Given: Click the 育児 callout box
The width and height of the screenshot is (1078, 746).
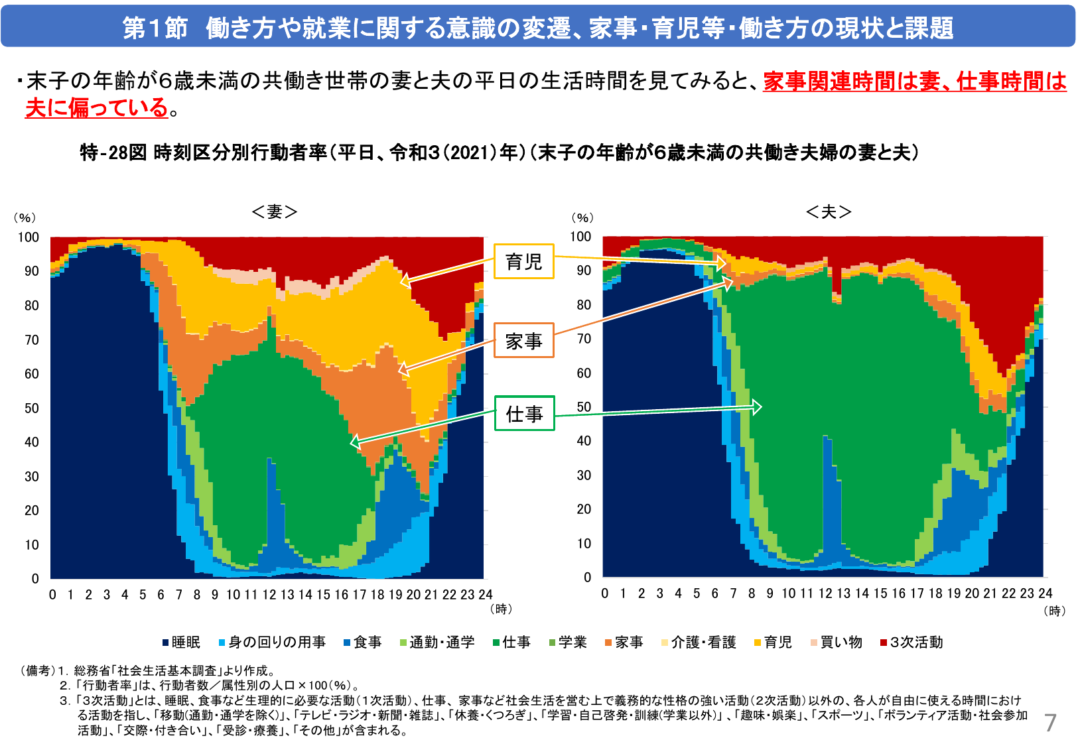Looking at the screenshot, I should click(523, 261).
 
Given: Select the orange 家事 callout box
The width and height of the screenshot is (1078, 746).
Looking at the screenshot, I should click(523, 341).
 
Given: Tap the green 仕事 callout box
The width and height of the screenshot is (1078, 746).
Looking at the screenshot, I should click(523, 414).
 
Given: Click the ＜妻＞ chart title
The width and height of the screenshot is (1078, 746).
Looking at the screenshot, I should click(274, 212).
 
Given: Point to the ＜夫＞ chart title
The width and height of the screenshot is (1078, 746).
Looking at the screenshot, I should click(828, 212).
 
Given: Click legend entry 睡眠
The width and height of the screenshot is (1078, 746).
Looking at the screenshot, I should click(181, 642).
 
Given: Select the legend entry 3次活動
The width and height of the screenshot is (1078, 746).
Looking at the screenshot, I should click(911, 642).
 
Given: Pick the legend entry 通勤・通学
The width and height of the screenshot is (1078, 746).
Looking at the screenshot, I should click(437, 642).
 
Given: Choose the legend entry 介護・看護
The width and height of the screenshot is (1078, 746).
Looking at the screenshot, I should click(699, 642).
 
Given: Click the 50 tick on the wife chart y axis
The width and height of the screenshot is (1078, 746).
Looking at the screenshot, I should click(32, 408).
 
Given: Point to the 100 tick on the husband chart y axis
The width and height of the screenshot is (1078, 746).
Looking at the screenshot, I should click(580, 237).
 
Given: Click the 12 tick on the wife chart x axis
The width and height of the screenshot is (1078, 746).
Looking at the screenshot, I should click(269, 595).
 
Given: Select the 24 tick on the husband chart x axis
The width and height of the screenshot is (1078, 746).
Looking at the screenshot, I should click(1045, 593).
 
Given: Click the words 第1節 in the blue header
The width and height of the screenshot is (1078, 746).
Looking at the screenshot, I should click(155, 28).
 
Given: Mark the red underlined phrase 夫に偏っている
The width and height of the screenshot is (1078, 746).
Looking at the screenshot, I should click(96, 107).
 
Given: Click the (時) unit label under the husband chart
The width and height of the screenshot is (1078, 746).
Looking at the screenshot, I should click(1054, 611).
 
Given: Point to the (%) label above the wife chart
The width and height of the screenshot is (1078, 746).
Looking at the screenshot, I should click(25, 218).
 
